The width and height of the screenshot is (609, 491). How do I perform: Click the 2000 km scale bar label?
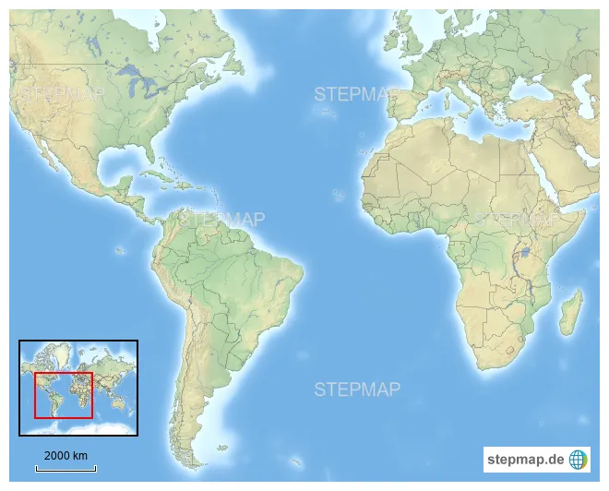click(66, 455)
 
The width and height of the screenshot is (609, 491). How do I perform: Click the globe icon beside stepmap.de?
click(579, 459)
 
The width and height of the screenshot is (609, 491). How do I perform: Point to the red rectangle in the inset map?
click(64, 395)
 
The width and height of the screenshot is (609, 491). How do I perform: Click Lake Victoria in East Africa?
click(526, 251)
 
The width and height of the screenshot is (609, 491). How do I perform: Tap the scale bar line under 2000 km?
click(66, 469)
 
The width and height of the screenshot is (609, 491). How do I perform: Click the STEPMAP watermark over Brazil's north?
click(221, 220)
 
